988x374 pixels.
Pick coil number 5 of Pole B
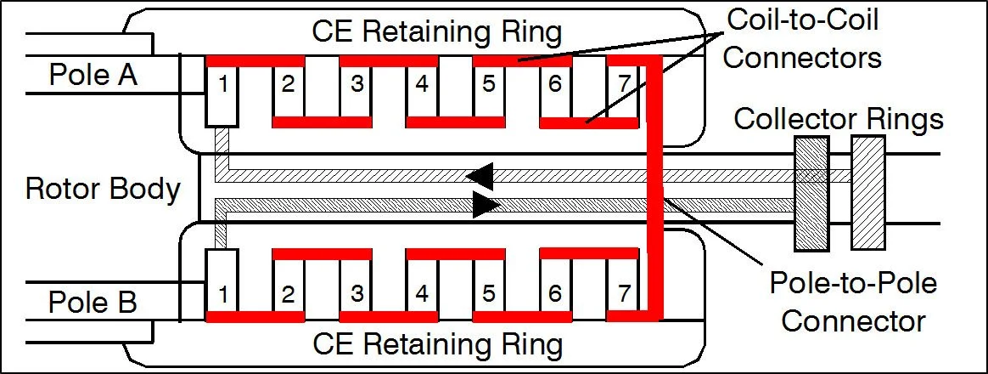(488, 294)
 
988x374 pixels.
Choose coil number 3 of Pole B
(356, 294)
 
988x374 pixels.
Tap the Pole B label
(93, 303)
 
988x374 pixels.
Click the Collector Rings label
(838, 119)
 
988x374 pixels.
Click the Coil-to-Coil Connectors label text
(802, 38)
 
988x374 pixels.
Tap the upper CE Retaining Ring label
(437, 32)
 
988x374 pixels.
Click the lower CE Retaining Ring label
(437, 344)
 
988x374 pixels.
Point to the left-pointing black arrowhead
(480, 175)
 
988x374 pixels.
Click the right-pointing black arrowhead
(486, 205)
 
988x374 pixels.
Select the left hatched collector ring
(811, 196)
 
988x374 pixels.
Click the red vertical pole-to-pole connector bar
(654, 187)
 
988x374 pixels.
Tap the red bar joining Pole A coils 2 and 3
(322, 122)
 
